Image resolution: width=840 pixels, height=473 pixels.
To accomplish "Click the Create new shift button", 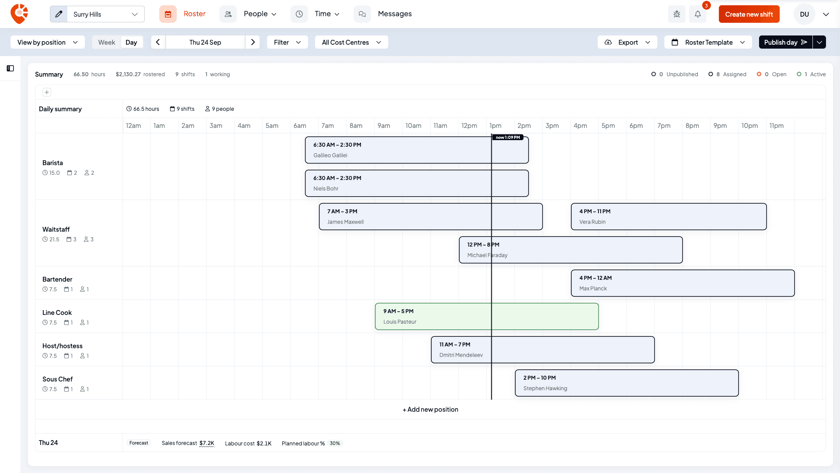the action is click(749, 14).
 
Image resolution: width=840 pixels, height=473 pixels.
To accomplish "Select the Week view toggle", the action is click(106, 42).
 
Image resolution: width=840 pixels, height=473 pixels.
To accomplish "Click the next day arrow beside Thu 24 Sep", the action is click(253, 42).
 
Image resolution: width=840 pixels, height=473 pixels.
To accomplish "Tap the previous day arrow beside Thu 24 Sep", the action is click(158, 42).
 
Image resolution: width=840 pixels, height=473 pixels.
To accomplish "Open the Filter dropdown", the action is click(287, 42).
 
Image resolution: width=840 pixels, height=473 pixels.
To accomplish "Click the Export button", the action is click(627, 42).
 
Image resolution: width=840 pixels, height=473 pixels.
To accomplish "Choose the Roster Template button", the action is click(708, 42).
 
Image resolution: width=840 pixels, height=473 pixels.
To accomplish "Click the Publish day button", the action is click(785, 42).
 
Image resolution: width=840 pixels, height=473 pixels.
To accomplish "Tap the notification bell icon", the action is click(698, 14).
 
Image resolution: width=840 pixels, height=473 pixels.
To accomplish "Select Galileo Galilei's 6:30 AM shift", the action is click(417, 150).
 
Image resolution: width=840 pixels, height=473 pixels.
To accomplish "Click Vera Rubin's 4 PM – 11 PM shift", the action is click(669, 216).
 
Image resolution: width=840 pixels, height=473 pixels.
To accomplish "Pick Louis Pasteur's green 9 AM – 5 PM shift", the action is click(487, 316).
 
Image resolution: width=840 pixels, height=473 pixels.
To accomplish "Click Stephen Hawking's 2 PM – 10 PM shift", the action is click(627, 383).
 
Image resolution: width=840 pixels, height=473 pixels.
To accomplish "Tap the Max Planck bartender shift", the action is click(683, 283).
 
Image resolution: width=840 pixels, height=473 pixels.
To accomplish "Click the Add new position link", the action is click(430, 409).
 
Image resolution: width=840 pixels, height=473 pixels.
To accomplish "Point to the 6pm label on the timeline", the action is click(636, 126).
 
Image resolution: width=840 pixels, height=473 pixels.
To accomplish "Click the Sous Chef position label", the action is click(57, 379).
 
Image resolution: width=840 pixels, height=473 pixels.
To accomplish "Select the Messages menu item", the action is click(395, 14).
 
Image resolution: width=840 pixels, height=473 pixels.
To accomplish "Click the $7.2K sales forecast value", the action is click(207, 443).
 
